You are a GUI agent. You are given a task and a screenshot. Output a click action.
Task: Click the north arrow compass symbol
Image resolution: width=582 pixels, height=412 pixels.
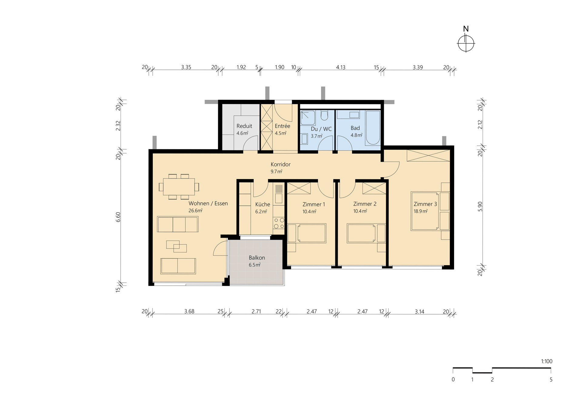[x=466, y=44]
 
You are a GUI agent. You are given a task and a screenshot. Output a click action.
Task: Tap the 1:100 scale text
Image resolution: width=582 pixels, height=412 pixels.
[x=547, y=361]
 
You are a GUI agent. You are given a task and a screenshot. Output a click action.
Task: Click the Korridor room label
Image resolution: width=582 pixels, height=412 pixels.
[x=280, y=164]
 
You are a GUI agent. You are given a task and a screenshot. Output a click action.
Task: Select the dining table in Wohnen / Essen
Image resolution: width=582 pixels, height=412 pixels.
[x=179, y=187]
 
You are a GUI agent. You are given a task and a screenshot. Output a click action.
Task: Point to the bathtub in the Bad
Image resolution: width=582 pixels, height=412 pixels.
[x=373, y=128]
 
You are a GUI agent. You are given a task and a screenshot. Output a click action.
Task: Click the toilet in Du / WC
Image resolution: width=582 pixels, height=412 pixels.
[x=324, y=116]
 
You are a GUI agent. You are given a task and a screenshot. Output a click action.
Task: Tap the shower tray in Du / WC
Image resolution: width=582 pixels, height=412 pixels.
[x=308, y=118]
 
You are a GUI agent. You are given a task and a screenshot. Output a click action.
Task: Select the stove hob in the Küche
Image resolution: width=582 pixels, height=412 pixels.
[x=279, y=223]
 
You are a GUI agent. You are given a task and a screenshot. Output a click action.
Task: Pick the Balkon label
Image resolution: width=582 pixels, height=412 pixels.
[x=257, y=258]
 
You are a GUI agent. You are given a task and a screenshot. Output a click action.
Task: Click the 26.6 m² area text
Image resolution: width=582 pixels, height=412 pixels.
[x=196, y=211]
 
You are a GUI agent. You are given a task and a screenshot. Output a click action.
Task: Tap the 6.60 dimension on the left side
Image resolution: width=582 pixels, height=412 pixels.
[x=118, y=217]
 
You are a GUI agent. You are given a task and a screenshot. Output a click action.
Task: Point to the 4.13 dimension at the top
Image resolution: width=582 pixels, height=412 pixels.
[x=341, y=67]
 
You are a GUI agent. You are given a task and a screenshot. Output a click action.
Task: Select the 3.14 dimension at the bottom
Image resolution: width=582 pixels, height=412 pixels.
[x=420, y=312]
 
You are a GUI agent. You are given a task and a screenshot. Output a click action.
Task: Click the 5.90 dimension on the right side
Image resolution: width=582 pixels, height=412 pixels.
[x=480, y=206]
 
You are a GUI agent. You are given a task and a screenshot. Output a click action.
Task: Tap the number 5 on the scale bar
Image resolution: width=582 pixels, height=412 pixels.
[x=551, y=380]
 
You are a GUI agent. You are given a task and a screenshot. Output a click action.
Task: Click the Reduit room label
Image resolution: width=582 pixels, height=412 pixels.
[x=244, y=126]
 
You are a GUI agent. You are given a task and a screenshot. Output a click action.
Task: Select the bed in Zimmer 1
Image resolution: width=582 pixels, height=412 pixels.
[x=307, y=233]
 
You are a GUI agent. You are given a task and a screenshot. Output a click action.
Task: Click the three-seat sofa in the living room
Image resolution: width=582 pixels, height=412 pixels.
[x=178, y=224]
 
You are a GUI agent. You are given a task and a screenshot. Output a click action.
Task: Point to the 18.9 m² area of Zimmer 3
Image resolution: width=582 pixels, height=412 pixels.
[x=421, y=211]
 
